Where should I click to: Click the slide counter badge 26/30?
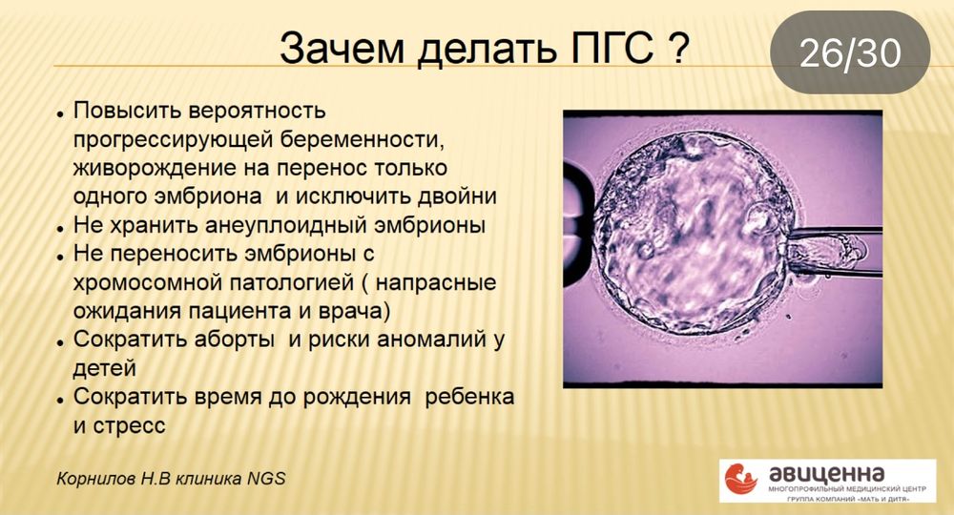(x=849, y=53)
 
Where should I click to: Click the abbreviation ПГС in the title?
(x=600, y=48)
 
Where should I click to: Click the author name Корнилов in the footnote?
(x=96, y=478)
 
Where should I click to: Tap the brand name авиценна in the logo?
(x=826, y=472)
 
